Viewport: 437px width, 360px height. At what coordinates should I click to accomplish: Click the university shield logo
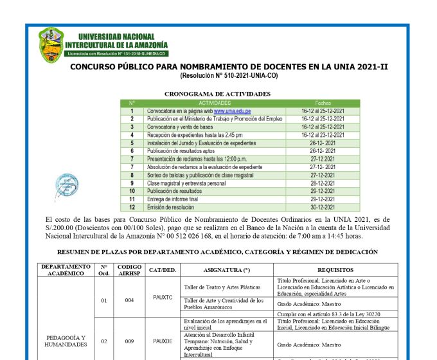[51, 44]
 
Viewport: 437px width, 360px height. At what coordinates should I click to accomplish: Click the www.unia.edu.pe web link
[232, 111]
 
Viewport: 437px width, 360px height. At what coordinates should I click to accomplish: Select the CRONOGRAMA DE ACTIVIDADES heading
[217, 94]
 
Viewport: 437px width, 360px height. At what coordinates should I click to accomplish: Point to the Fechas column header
[323, 103]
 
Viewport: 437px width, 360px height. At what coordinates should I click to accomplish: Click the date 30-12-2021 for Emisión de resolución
[323, 207]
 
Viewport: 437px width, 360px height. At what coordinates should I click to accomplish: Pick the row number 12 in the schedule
[132, 207]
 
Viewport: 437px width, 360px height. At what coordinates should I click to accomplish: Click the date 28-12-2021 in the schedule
[323, 183]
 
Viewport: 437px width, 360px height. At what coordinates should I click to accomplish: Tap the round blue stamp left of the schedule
[67, 186]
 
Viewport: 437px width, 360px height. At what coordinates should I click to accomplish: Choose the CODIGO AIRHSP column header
[129, 270]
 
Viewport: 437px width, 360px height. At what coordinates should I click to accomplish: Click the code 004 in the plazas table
[129, 300]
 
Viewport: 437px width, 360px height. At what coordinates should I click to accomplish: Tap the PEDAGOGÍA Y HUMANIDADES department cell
[65, 341]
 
